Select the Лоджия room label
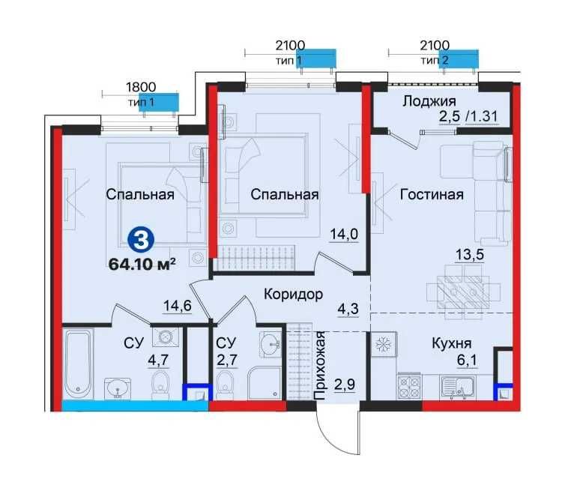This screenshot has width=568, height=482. (429, 101)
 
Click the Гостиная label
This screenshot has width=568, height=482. (431, 194)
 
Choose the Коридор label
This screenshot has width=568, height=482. (293, 294)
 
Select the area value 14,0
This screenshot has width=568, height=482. (344, 233)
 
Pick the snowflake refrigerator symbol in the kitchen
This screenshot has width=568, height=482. (383, 343)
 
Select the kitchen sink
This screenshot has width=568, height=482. (458, 387)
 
